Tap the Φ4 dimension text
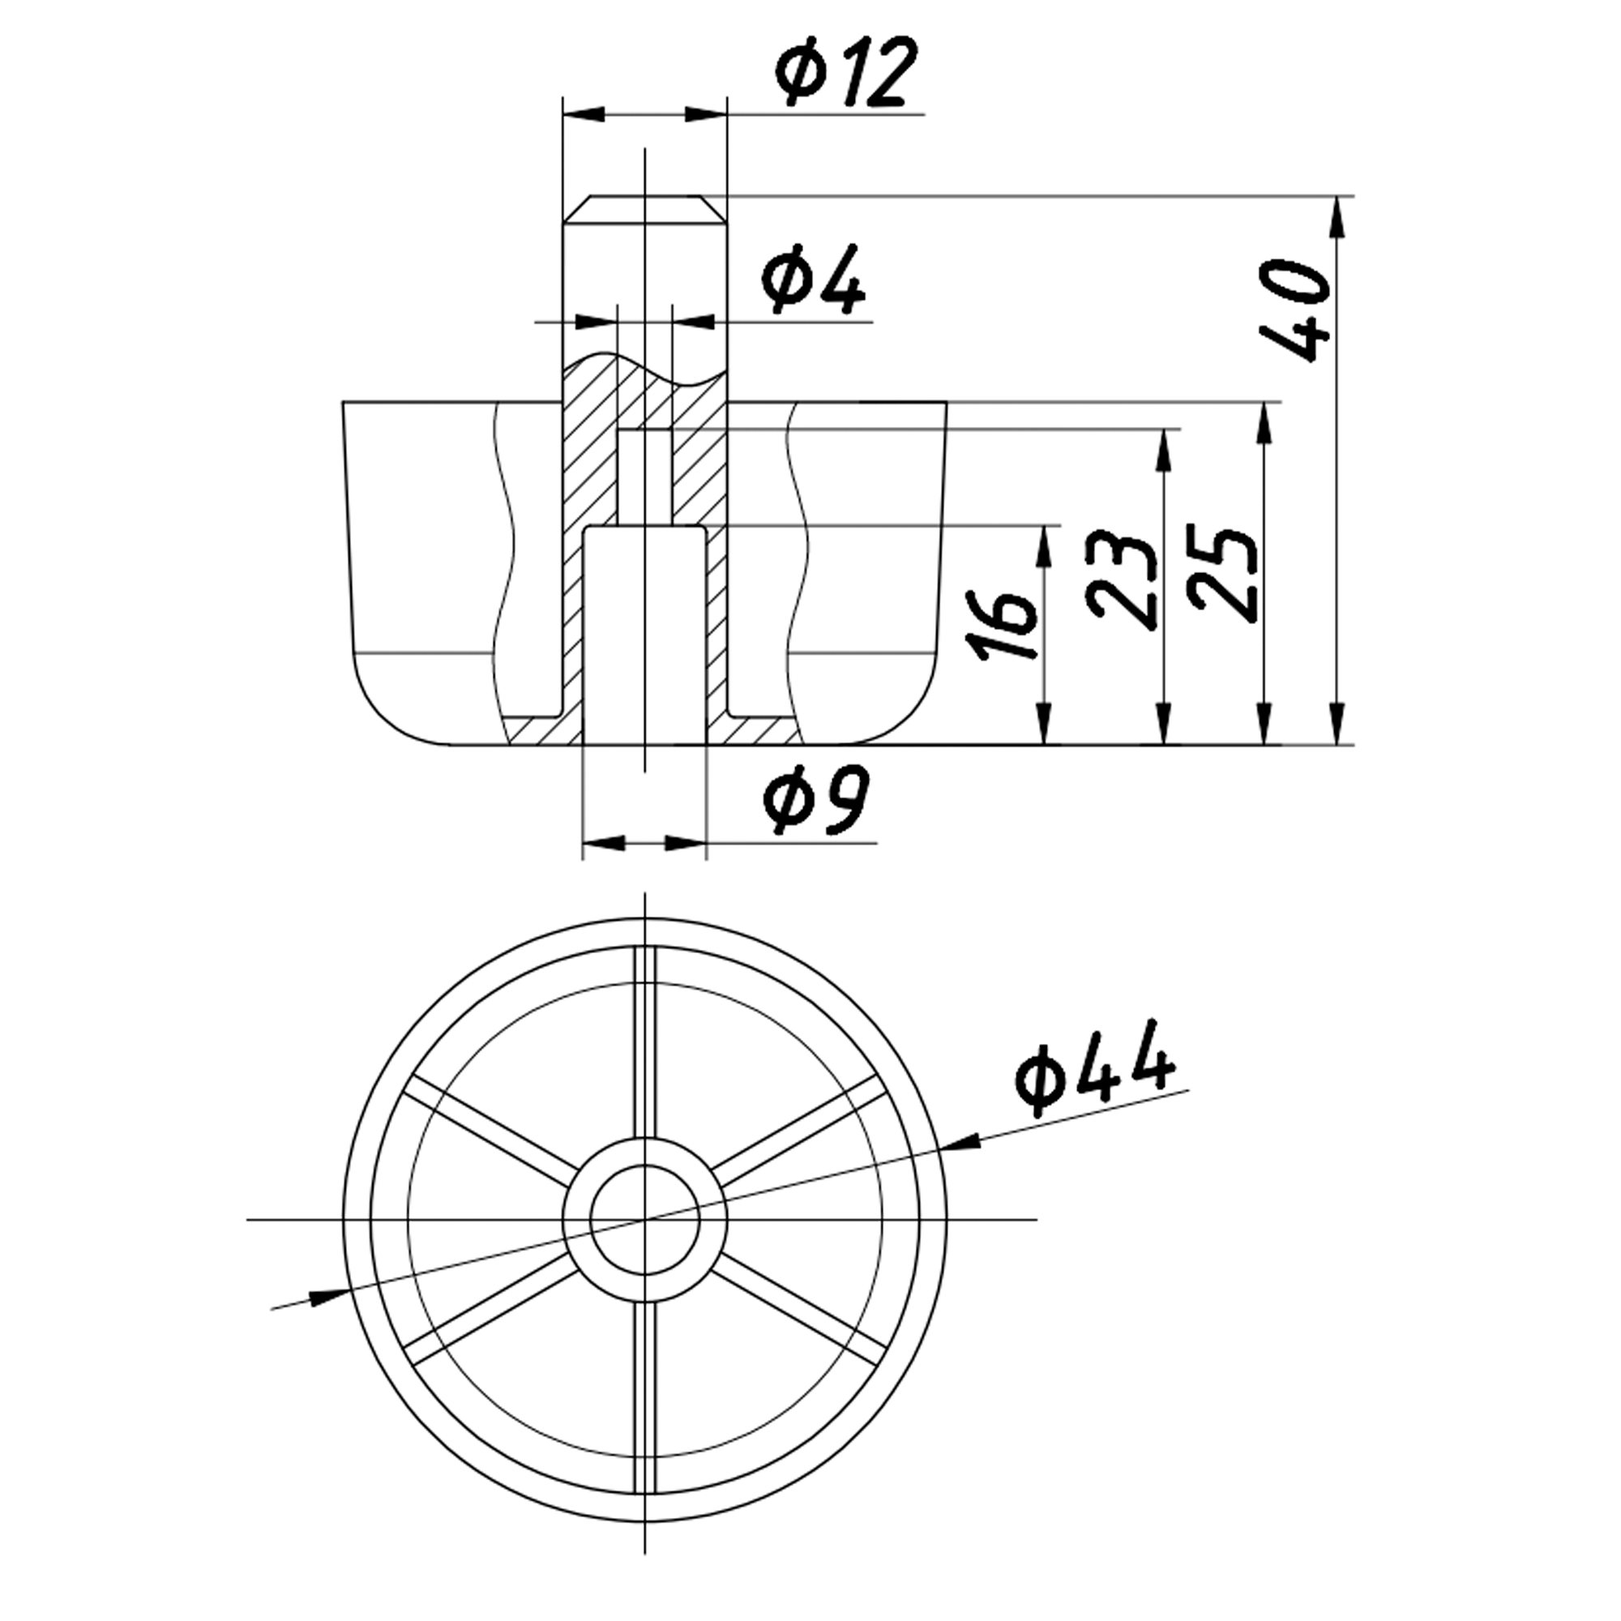[x=813, y=280]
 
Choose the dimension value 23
[x=1121, y=579]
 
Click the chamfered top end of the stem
[x=644, y=210]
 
